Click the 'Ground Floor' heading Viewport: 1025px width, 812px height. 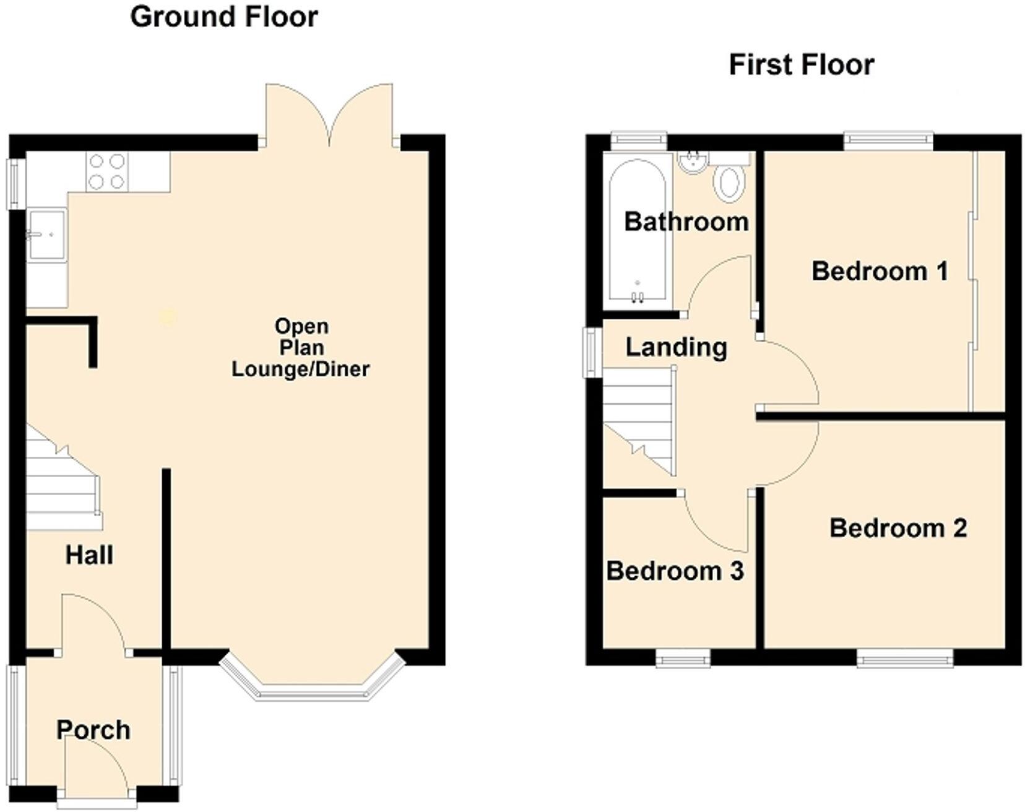(223, 17)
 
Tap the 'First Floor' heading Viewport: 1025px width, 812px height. (801, 64)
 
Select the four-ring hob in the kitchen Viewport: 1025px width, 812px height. (108, 172)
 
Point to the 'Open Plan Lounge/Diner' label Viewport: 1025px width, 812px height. (300, 347)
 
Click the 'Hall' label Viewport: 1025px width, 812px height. (89, 555)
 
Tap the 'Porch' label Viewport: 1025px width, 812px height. (93, 730)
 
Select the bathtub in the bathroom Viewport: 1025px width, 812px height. (638, 232)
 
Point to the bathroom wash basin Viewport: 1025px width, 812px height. (693, 162)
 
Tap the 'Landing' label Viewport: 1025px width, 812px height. (676, 347)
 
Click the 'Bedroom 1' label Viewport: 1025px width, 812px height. (879, 271)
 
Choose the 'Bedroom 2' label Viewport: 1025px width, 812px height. (897, 528)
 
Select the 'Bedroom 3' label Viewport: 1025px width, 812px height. (675, 571)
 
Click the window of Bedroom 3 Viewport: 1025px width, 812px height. (683, 659)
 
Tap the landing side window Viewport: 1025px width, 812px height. (592, 352)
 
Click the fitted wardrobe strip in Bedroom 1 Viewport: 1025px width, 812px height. (988, 282)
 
